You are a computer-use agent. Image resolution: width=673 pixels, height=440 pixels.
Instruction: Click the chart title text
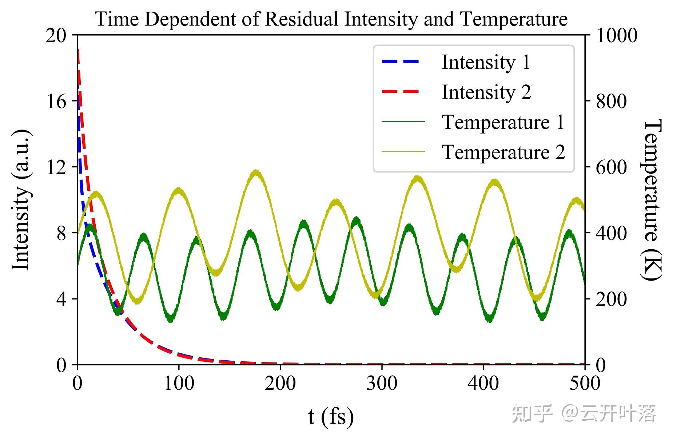tap(331, 19)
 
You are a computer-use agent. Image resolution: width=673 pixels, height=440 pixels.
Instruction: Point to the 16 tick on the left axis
tap(56, 101)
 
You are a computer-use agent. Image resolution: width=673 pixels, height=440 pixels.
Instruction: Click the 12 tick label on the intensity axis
tap(56, 167)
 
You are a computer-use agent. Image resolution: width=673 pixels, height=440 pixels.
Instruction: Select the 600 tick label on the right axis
tap(612, 167)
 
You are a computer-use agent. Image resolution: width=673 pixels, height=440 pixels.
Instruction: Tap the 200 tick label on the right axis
tap(612, 299)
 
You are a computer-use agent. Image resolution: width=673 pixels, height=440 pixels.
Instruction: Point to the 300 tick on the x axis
tap(382, 383)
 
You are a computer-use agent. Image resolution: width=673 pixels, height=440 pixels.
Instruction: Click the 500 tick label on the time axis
tap(584, 383)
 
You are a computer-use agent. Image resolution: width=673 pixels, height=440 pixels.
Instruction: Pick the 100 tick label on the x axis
tap(179, 383)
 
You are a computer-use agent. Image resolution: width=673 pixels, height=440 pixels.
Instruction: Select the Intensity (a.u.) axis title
tap(21, 200)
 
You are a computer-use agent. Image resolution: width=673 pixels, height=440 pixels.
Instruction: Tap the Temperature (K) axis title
tap(652, 200)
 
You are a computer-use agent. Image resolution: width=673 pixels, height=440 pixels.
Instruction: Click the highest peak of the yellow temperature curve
tap(256, 171)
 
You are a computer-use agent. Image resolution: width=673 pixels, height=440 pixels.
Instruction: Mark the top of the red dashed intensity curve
tap(78, 50)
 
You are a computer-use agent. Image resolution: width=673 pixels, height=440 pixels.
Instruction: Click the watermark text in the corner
tap(584, 413)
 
